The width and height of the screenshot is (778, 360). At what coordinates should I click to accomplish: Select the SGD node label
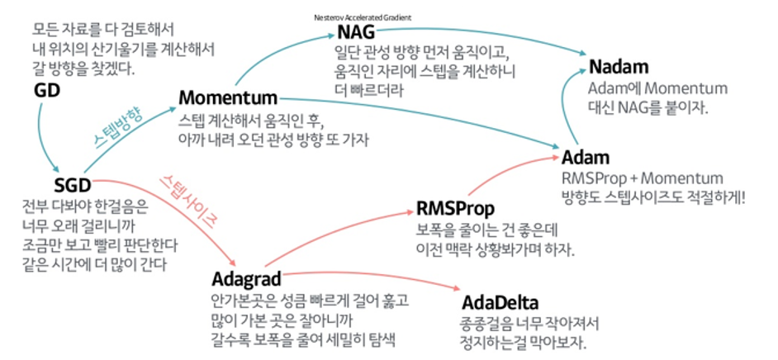point(70,186)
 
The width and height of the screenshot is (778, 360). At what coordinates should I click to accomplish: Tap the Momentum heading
point(228,98)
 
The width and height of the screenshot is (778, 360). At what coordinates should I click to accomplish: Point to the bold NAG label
point(356,33)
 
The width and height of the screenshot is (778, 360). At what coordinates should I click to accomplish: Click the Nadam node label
point(619,68)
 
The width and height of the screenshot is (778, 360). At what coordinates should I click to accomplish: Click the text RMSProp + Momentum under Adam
point(642,178)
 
